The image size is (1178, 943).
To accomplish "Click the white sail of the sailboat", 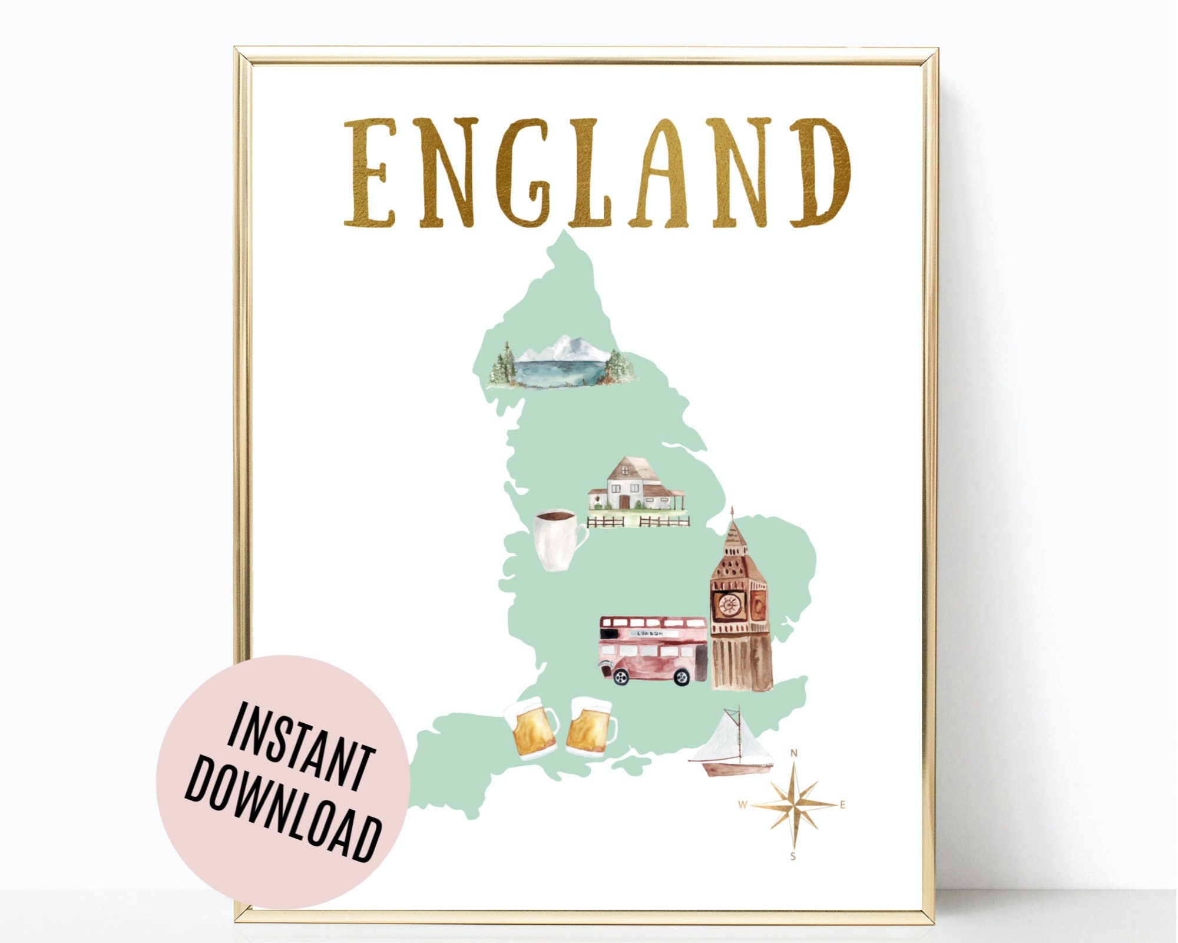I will click(x=730, y=739).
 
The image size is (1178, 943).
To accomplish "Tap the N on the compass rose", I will click(x=793, y=753).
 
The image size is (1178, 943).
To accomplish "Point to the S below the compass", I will click(x=793, y=856).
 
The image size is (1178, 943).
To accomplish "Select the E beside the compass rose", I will click(x=842, y=805).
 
